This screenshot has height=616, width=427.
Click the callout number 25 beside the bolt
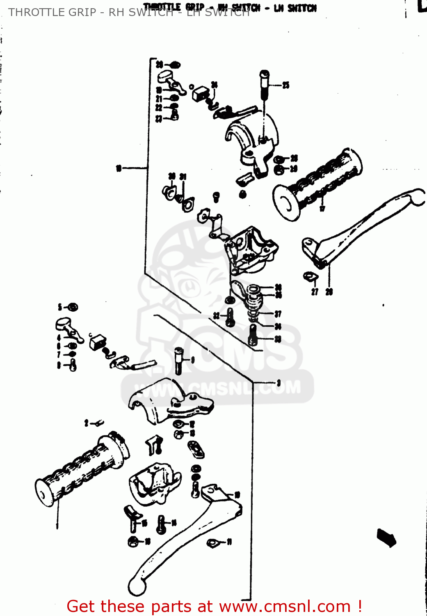coord(286,85)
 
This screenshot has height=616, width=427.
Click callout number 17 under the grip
coord(322,208)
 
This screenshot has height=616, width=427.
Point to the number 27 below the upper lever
coord(315,292)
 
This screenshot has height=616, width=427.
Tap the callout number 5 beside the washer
coord(60,307)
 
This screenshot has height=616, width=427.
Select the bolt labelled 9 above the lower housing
coord(178,360)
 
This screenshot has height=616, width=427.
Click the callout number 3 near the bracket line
coord(279,383)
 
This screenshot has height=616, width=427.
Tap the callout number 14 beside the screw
coord(174,522)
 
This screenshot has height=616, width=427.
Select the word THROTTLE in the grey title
coord(32,12)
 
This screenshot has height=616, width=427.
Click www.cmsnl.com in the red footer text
coord(285,607)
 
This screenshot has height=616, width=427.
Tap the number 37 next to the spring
coord(278,314)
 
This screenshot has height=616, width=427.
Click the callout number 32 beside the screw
coord(217,316)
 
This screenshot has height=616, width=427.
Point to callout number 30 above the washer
coord(171,176)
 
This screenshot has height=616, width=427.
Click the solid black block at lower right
coord(386,538)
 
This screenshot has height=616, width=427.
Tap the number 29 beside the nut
coord(294,169)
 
